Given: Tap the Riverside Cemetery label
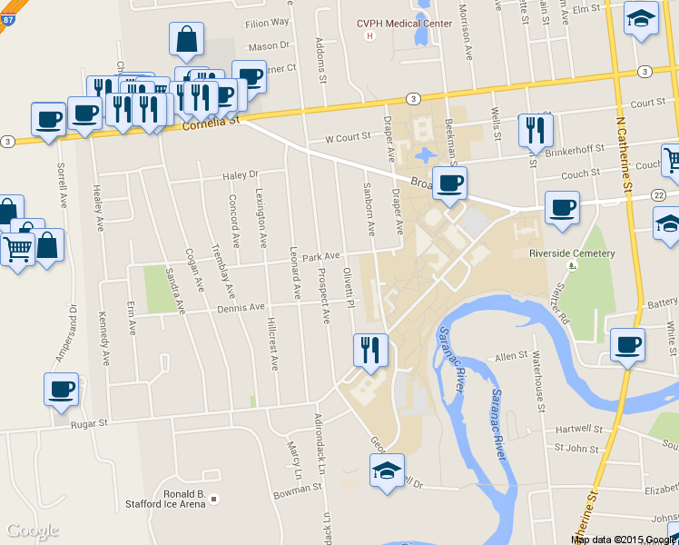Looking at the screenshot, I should tap(572, 254).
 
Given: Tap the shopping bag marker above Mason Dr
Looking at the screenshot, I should tap(186, 39).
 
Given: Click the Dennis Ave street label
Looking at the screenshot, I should tap(241, 308).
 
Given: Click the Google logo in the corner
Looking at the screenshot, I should tap(33, 530).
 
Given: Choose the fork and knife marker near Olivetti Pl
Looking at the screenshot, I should tap(369, 350).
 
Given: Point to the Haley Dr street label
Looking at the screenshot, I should tap(241, 174).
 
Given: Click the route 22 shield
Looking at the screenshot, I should tap(658, 196).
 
